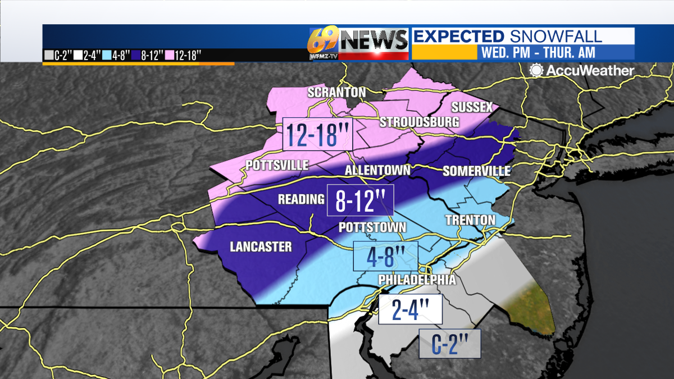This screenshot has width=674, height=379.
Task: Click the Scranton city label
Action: (x=336, y=92)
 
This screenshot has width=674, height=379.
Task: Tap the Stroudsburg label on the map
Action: (x=419, y=122)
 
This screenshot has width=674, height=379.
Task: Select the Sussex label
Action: (x=472, y=107)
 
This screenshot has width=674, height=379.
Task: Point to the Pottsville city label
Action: (x=277, y=165)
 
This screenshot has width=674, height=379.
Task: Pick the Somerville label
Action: (x=476, y=171)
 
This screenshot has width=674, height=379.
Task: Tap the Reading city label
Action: (x=302, y=199)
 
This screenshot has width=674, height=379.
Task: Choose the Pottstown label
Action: (x=372, y=227)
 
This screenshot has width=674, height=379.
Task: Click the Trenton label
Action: (x=471, y=220)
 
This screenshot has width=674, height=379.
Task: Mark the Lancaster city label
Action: (x=261, y=247)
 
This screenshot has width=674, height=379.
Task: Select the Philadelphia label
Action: (x=417, y=280)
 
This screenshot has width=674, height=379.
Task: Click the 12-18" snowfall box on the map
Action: (x=317, y=134)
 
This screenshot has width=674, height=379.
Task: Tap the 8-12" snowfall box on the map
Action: (x=360, y=200)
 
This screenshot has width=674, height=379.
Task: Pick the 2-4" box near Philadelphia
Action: (x=410, y=309)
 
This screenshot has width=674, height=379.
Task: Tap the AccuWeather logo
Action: (x=582, y=71)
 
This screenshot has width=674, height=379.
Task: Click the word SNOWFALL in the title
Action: (x=556, y=36)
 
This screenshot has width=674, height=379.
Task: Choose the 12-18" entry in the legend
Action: (x=188, y=55)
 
